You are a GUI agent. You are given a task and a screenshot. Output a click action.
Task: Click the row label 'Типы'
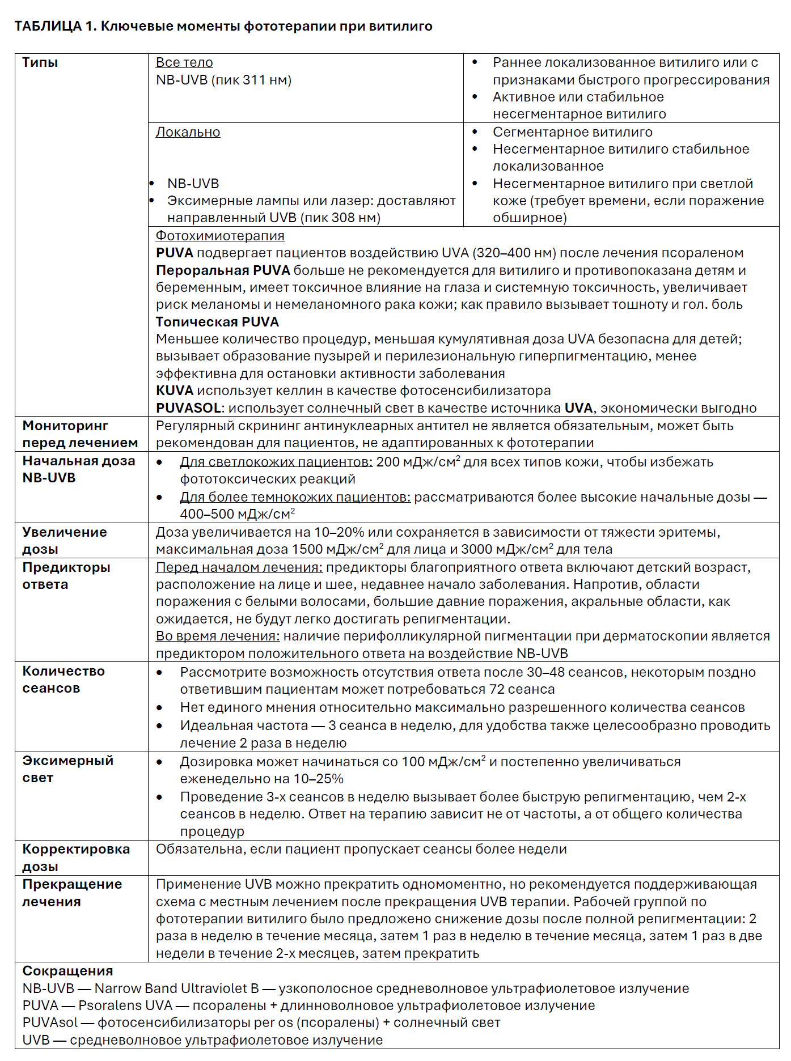(40, 62)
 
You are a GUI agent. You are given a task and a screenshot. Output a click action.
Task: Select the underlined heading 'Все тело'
(184, 62)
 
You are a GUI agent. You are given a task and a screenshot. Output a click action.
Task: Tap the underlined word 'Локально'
(188, 132)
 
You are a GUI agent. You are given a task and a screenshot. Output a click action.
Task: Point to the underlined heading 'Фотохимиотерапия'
(220, 236)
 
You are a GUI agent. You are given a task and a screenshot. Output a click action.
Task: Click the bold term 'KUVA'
(175, 391)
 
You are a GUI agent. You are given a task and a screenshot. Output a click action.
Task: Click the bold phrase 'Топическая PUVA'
(217, 322)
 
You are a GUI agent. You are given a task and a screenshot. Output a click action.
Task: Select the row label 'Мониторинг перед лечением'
(79, 434)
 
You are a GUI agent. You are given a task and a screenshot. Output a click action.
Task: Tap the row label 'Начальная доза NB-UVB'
(78, 469)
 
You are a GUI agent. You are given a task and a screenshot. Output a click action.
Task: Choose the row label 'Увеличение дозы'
(64, 541)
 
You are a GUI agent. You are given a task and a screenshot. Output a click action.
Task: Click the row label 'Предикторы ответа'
(66, 576)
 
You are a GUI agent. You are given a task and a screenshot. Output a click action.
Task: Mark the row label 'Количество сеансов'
(63, 680)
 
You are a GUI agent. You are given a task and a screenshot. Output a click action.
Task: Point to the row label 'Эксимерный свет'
(67, 769)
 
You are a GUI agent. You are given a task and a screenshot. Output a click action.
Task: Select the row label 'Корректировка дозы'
(75, 858)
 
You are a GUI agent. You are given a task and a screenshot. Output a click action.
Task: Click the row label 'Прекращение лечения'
(71, 893)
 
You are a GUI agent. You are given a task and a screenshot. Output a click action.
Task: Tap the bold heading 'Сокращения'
(67, 971)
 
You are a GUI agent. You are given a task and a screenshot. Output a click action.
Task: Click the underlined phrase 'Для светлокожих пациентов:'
(276, 462)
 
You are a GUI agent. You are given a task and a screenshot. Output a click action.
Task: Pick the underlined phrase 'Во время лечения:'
(218, 636)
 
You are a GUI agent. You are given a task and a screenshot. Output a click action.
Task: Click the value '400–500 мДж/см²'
(237, 514)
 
